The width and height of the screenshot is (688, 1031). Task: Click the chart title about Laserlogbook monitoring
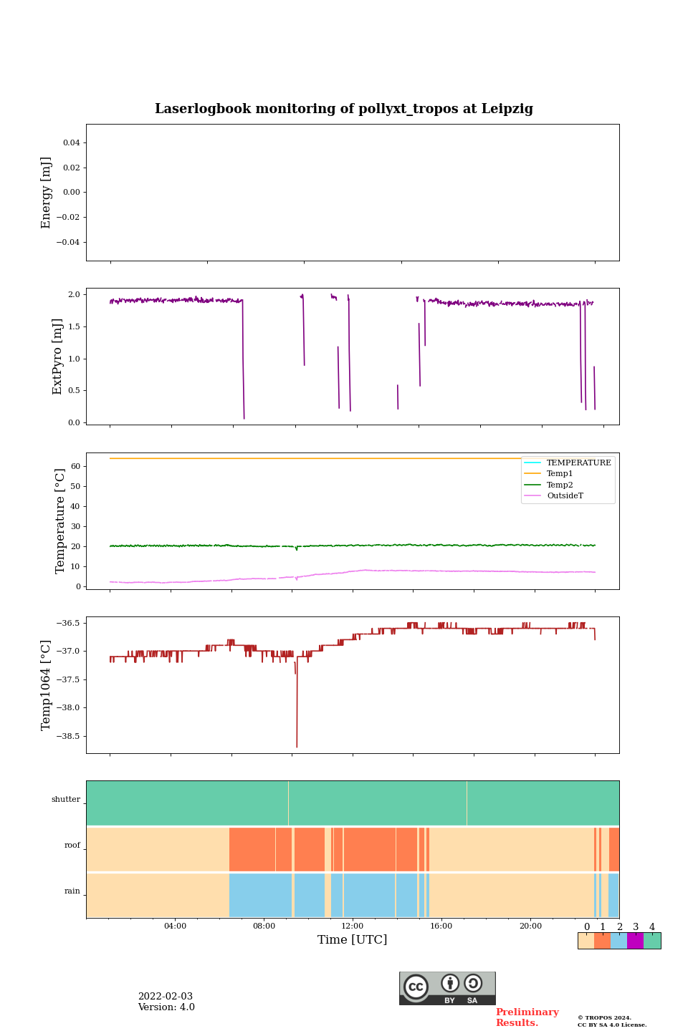344,109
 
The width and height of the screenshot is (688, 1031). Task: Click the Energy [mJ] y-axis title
47,193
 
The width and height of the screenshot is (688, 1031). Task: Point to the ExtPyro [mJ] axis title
57,357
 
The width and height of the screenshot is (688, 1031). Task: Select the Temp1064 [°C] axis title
47,685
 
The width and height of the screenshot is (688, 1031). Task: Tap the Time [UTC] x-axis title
352,939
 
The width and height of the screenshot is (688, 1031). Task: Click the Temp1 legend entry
560,474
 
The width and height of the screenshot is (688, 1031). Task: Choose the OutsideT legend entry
565,496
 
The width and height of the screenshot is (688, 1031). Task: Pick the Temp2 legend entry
560,485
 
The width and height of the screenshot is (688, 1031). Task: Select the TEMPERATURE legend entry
578,463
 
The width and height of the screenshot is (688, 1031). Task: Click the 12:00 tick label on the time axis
353,926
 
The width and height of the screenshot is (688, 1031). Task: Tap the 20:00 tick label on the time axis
530,926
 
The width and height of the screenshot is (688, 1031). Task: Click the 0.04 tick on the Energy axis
71,143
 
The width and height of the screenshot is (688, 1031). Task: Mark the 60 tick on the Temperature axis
75,466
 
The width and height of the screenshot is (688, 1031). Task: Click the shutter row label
66,800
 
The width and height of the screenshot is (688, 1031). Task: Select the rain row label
72,891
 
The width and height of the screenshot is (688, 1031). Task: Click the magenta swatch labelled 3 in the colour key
635,941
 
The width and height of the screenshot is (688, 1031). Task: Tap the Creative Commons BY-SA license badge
447,988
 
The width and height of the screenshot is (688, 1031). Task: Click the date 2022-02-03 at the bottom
166,997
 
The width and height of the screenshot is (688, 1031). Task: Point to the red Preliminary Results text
527,1017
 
